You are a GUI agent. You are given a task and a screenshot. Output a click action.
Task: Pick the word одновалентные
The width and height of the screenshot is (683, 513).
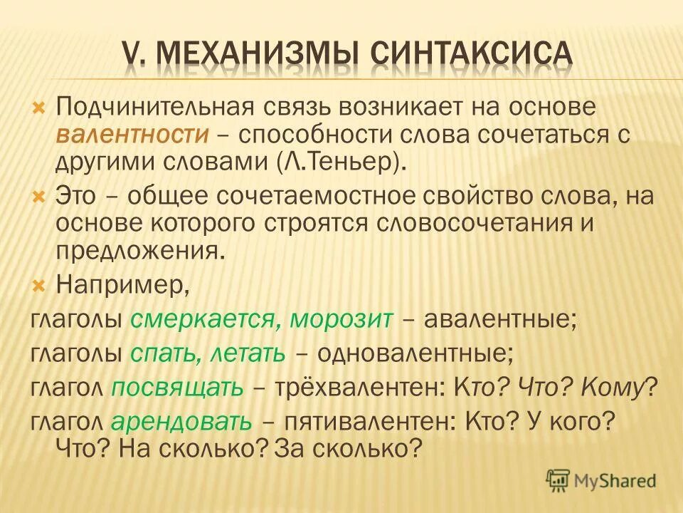(x=415, y=353)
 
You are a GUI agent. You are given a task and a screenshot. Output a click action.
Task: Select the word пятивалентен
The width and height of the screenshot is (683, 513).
(x=366, y=421)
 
